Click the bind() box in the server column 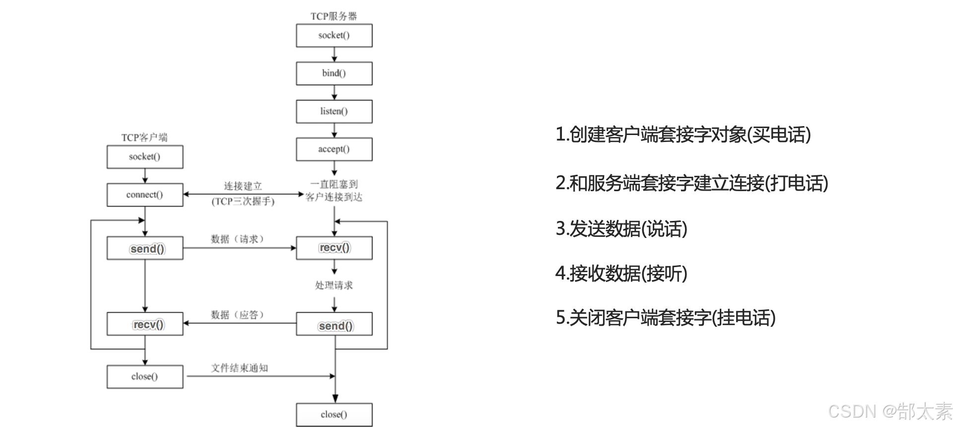coord(334,73)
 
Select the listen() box coord(334,111)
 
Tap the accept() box coord(334,149)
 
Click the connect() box coord(144,195)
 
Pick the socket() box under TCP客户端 coord(144,157)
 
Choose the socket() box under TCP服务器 coord(334,35)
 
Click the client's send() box coord(144,248)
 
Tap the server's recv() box coord(334,248)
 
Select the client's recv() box coord(144,324)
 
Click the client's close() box coord(144,376)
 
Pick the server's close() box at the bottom coord(334,415)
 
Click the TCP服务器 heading coord(334,16)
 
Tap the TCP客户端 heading coord(144,137)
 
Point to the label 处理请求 coord(334,285)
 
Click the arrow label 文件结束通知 coord(239,368)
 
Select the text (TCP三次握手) coord(243,202)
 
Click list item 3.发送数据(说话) coord(621,229)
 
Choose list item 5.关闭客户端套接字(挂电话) coord(665,318)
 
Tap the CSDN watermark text coord(890,411)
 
